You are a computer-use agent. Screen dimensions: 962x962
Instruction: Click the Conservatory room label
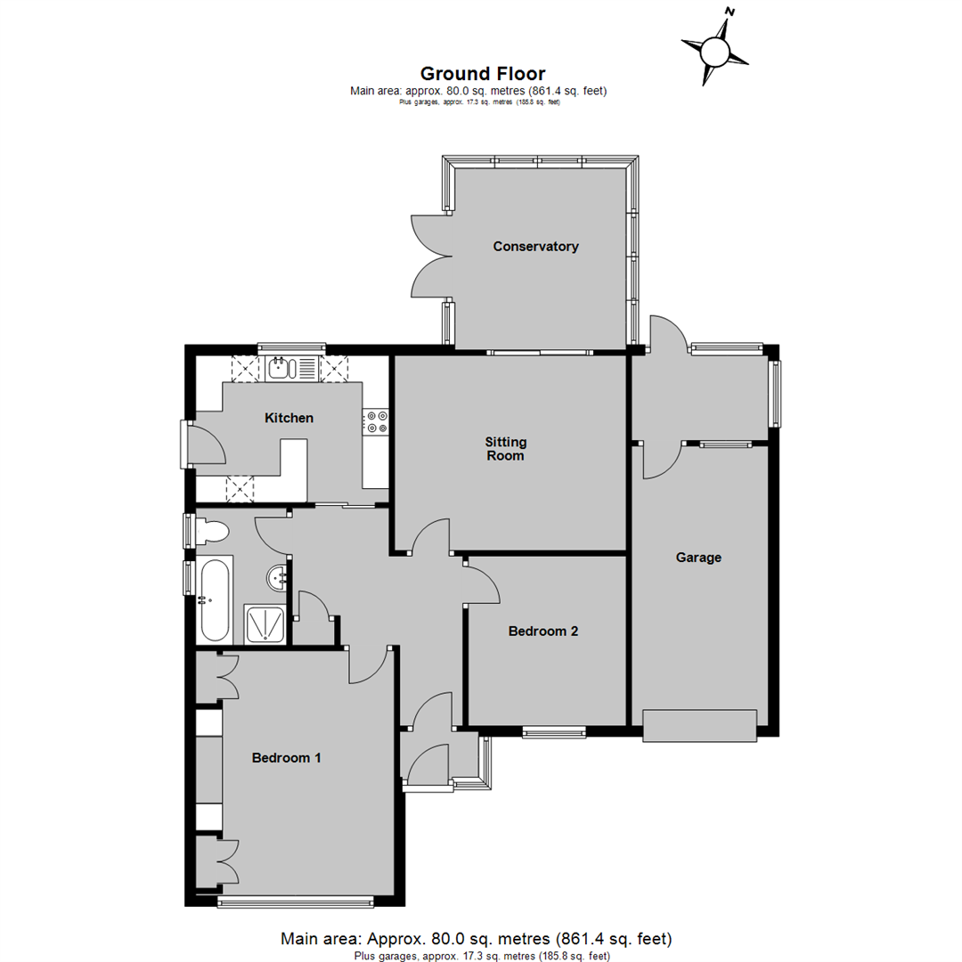pyautogui.click(x=535, y=247)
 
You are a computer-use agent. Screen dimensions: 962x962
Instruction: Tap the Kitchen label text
pyautogui.click(x=289, y=418)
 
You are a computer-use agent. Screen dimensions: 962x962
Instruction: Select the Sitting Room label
pyautogui.click(x=506, y=448)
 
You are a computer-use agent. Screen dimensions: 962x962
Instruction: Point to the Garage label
pyautogui.click(x=698, y=558)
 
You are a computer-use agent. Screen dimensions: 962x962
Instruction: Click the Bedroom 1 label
pyautogui.click(x=287, y=758)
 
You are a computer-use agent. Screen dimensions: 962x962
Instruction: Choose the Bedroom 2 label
pyautogui.click(x=543, y=632)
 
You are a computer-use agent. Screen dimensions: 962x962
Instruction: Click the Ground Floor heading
pyautogui.click(x=483, y=74)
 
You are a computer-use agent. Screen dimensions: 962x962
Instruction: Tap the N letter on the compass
pyautogui.click(x=730, y=12)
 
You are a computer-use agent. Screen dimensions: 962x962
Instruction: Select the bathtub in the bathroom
pyautogui.click(x=215, y=599)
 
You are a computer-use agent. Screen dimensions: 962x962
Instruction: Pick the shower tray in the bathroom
pyautogui.click(x=265, y=624)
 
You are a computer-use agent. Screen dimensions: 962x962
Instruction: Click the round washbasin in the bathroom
pyautogui.click(x=277, y=578)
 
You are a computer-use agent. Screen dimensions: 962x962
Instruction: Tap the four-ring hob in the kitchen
pyautogui.click(x=376, y=422)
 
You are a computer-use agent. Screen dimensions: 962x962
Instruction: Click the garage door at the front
pyautogui.click(x=699, y=726)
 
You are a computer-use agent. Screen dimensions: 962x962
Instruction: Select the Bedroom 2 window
pyautogui.click(x=555, y=732)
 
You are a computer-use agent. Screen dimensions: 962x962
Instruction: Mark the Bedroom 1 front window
pyautogui.click(x=296, y=901)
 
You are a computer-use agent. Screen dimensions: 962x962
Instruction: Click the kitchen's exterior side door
pyautogui.click(x=205, y=444)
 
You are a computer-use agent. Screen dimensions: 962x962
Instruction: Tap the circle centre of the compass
pyautogui.click(x=714, y=50)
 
